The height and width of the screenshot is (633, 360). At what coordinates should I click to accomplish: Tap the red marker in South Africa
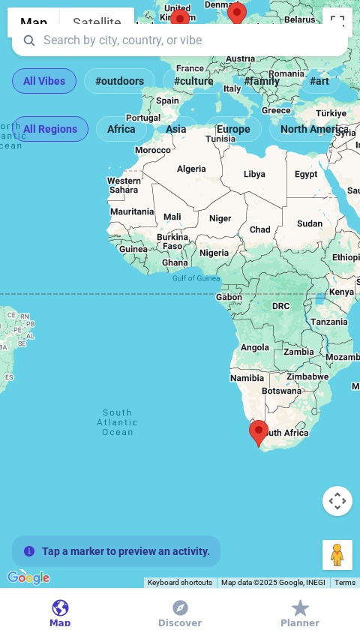pyautogui.click(x=259, y=432)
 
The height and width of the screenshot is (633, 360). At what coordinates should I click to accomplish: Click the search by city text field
pyautogui.click(x=180, y=40)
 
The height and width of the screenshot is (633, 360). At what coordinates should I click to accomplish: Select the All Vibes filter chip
pyautogui.click(x=44, y=81)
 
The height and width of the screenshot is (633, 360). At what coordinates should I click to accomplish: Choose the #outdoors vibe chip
pyautogui.click(x=119, y=81)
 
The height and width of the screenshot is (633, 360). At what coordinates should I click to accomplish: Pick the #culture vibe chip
pyautogui.click(x=193, y=81)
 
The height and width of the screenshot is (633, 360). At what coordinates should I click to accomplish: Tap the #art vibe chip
pyautogui.click(x=319, y=81)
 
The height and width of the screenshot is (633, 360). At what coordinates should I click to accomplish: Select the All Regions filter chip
pyautogui.click(x=50, y=129)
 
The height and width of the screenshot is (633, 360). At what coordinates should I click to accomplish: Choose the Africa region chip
pyautogui.click(x=121, y=129)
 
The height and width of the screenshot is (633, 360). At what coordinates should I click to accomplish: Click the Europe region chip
pyautogui.click(x=233, y=129)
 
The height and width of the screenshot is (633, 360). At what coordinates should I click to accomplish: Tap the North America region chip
pyautogui.click(x=314, y=129)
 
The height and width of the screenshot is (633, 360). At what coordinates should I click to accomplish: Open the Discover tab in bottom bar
pyautogui.click(x=180, y=613)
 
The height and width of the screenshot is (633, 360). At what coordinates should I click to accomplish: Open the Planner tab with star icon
pyautogui.click(x=300, y=613)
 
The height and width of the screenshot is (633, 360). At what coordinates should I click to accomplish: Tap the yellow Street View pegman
pyautogui.click(x=337, y=555)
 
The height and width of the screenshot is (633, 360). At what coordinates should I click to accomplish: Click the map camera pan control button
pyautogui.click(x=337, y=501)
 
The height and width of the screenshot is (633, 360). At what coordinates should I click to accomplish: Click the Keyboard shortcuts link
pyautogui.click(x=180, y=583)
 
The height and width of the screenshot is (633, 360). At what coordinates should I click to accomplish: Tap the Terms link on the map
pyautogui.click(x=345, y=583)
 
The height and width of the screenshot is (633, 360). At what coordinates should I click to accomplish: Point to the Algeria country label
pyautogui.click(x=191, y=169)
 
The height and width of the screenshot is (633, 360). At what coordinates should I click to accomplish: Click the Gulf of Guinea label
pyautogui.click(x=196, y=278)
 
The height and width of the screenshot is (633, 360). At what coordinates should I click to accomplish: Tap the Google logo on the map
pyautogui.click(x=28, y=577)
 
